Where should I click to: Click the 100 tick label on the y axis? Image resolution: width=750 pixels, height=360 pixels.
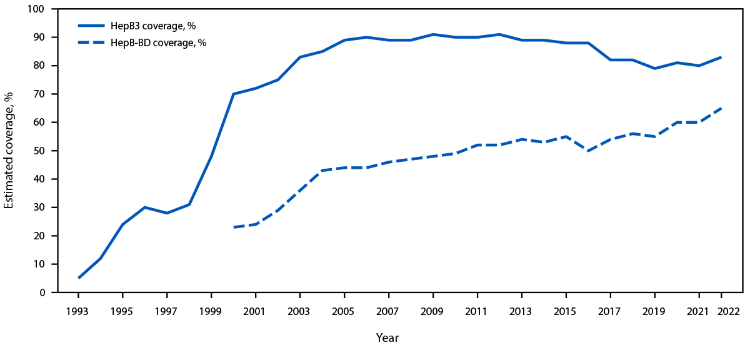(36, 9)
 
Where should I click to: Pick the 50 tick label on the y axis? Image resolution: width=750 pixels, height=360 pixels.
(39, 151)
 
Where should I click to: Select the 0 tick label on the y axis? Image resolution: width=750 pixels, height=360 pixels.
(41, 292)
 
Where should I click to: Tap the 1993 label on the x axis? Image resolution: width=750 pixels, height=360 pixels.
(78, 311)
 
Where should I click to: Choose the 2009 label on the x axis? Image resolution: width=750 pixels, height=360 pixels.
(432, 311)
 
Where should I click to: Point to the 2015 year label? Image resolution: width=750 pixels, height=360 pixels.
(566, 311)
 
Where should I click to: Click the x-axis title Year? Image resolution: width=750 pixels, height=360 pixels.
(387, 338)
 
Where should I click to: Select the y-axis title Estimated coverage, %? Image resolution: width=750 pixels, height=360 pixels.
(9, 151)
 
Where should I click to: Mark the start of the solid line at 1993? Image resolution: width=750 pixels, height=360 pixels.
(78, 278)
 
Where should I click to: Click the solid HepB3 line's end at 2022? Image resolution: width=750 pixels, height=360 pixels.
(721, 57)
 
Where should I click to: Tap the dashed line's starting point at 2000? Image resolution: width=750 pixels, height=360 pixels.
(234, 227)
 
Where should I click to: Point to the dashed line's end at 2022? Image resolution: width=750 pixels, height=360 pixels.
(721, 108)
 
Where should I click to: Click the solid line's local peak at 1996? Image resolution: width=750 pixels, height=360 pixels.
(144, 207)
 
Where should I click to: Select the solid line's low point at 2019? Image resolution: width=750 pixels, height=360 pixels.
(654, 69)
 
